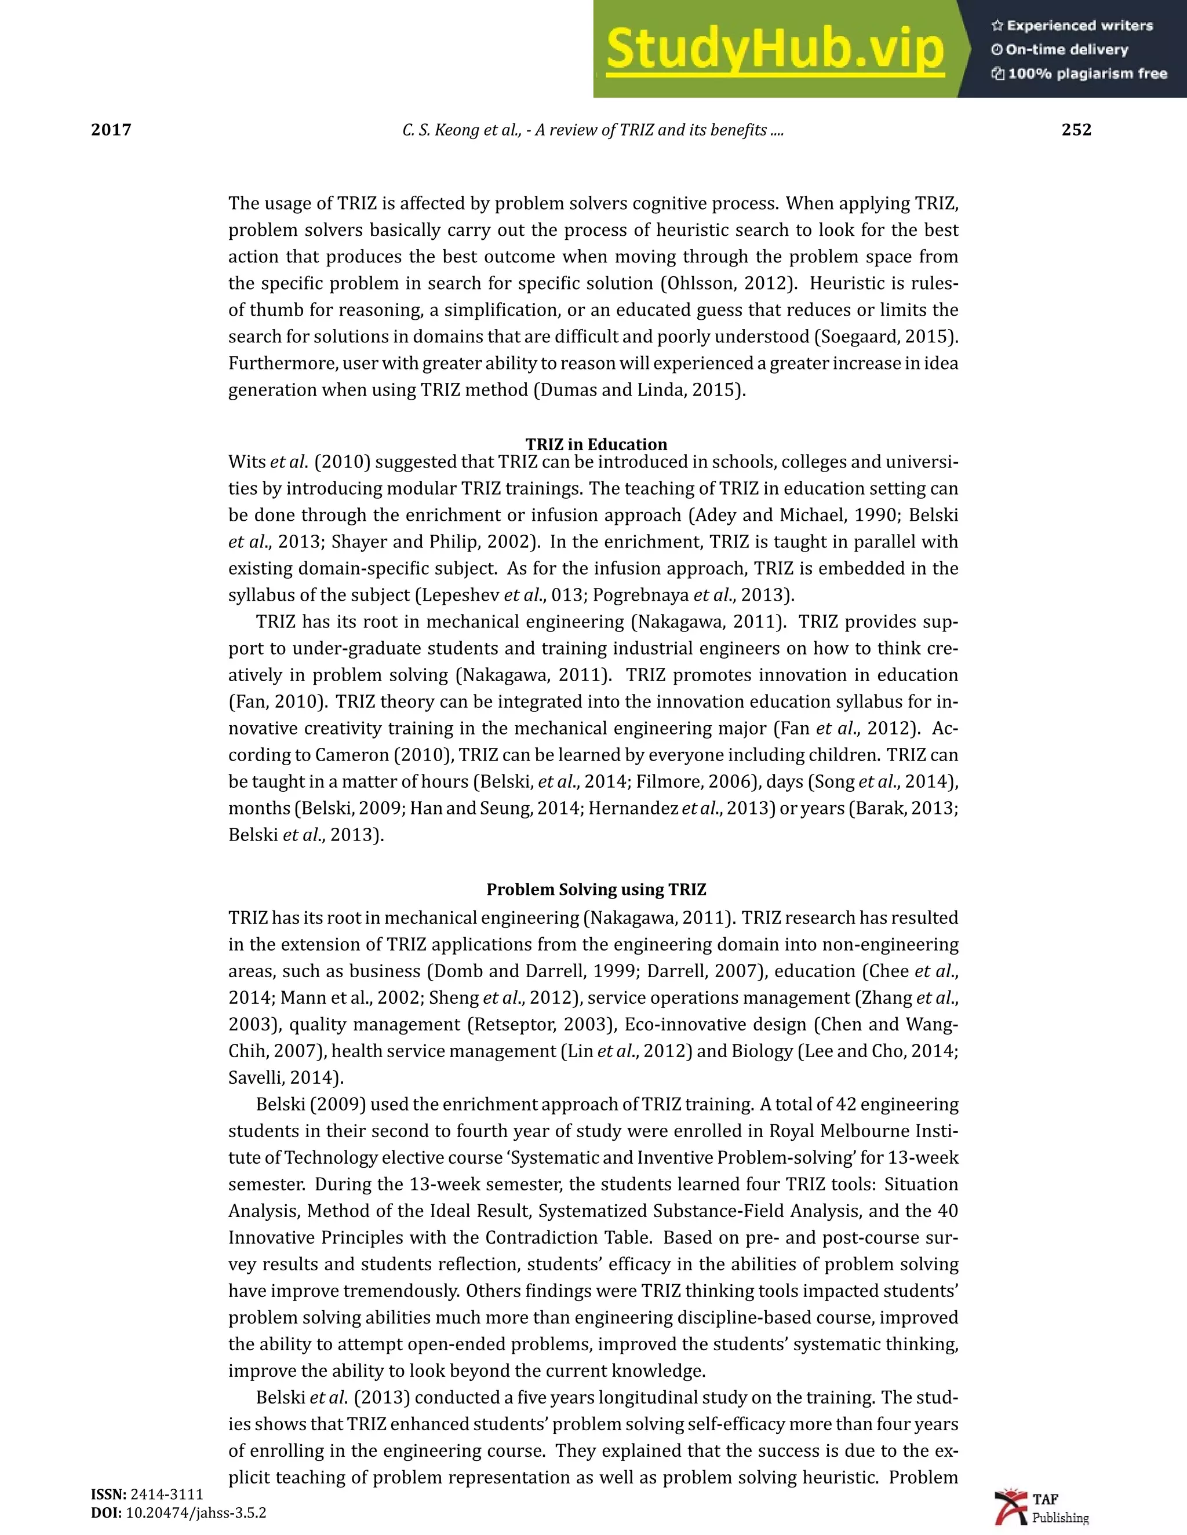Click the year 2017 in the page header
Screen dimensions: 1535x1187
(111, 130)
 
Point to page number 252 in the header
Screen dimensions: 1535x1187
(1076, 130)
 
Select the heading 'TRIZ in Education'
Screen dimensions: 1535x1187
(596, 444)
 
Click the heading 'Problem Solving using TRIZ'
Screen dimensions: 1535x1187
(596, 889)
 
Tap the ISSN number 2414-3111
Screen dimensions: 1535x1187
(167, 1494)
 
